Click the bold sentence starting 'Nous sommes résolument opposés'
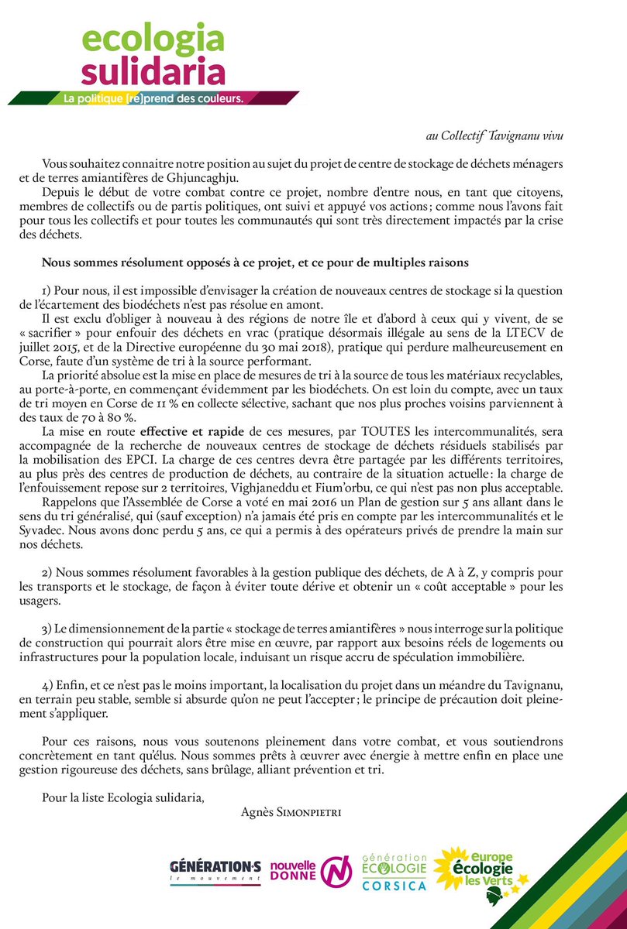click(x=254, y=262)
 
